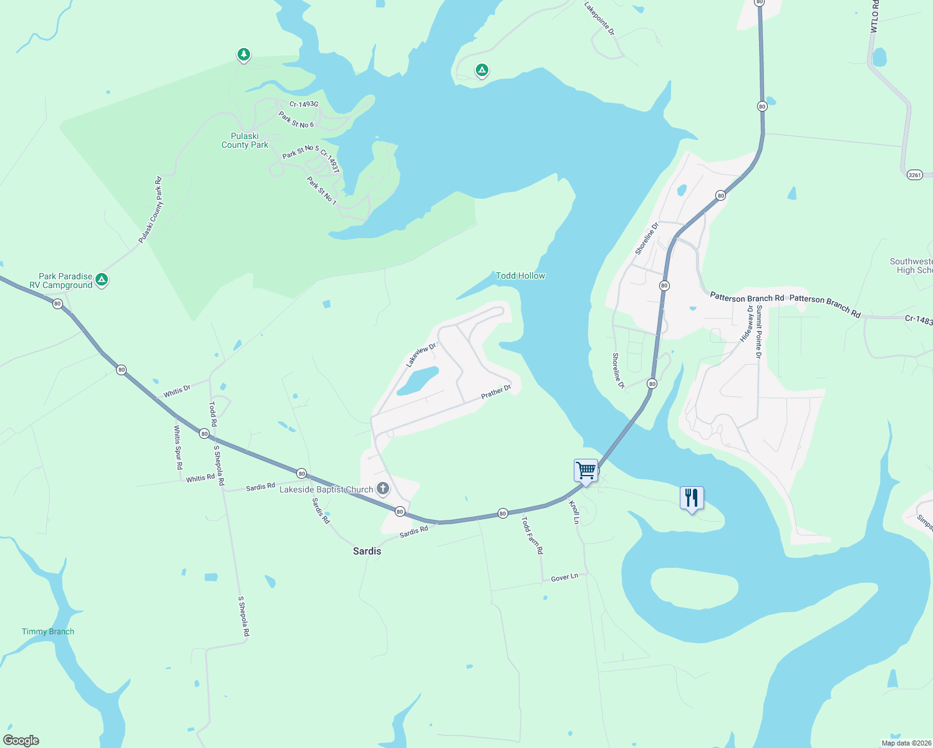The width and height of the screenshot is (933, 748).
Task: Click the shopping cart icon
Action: [x=586, y=470]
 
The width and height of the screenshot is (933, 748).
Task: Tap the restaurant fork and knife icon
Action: [x=691, y=497]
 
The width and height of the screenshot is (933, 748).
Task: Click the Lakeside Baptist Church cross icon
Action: [x=383, y=489]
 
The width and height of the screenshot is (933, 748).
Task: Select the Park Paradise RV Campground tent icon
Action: [x=102, y=280]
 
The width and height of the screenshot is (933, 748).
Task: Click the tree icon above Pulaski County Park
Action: [x=244, y=55]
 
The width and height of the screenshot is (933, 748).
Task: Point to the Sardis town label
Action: [x=367, y=551]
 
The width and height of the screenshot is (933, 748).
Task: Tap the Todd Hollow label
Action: [x=520, y=276]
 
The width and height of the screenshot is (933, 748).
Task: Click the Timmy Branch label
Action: [x=48, y=631]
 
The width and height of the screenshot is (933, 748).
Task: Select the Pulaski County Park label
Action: [x=245, y=140]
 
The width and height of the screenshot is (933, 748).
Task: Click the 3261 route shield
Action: [x=914, y=175]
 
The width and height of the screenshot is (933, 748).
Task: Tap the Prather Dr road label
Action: [x=496, y=392]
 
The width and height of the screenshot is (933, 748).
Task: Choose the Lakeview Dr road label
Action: [x=421, y=355]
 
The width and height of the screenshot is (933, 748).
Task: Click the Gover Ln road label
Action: [x=564, y=578]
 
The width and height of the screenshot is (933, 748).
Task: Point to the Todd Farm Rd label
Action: [x=532, y=535]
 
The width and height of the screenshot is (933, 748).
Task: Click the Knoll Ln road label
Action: [x=574, y=512]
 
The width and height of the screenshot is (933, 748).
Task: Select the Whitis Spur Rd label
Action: [x=178, y=447]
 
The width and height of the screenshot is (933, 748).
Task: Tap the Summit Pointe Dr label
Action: [x=758, y=332]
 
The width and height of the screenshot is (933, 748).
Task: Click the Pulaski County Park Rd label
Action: [x=150, y=210]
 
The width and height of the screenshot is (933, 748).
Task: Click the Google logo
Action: [x=21, y=741]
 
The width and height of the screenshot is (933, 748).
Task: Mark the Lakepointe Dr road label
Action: [x=599, y=18]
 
